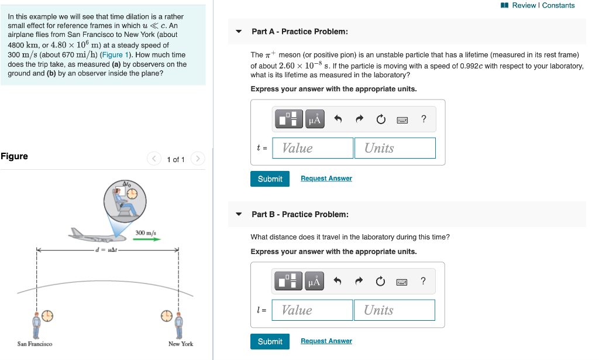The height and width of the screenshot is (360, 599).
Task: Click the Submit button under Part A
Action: [270, 179]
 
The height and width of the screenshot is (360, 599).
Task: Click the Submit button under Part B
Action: [270, 341]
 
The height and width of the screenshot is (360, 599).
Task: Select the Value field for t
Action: [313, 148]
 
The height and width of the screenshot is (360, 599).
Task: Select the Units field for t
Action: [394, 148]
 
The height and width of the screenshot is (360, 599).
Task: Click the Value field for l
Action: [312, 310]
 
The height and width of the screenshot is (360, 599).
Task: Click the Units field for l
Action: [394, 310]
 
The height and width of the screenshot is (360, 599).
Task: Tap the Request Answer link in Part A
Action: [326, 179]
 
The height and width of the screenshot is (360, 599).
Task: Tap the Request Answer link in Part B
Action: [326, 341]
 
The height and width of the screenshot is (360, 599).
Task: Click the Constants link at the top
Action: [559, 5]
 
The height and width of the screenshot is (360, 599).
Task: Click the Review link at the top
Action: [525, 5]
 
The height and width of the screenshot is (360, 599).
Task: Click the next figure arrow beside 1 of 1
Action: [198, 159]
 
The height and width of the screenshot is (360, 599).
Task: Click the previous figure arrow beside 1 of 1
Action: [154, 159]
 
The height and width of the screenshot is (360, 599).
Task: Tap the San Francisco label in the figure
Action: [35, 344]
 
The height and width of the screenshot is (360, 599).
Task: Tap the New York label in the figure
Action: [180, 344]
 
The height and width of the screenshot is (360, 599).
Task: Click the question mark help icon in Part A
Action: [424, 119]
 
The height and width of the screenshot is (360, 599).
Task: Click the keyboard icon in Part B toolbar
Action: [402, 282]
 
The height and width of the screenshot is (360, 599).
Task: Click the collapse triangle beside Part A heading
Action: [239, 32]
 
